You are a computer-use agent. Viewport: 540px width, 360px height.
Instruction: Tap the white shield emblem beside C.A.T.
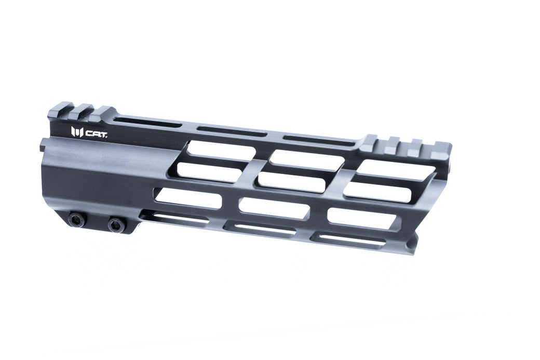(77, 132)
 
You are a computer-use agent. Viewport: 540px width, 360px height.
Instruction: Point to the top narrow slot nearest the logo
(146, 123)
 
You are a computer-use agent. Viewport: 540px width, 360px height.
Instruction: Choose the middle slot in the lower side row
(274, 208)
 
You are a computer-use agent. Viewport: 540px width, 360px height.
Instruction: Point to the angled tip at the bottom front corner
(413, 249)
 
